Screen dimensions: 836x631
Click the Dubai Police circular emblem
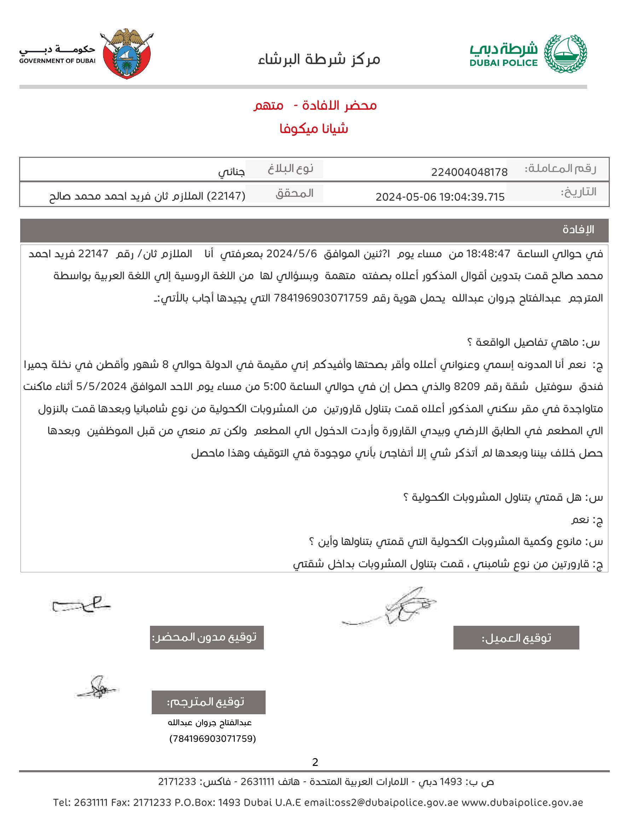pos(565,54)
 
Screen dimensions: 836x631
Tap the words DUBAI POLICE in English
pos(503,63)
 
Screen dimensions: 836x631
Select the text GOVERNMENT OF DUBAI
pos(57,61)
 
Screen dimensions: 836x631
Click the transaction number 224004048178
pos(469,172)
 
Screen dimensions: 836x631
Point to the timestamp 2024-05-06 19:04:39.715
pos(440,197)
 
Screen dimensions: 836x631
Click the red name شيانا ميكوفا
pos(313,129)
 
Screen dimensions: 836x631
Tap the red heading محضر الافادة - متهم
pos(315,105)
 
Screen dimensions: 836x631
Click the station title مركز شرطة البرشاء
pos(319,59)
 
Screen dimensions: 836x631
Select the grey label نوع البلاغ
pos(290,168)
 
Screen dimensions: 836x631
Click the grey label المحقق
pos(294,193)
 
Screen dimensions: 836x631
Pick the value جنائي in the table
pos(231,172)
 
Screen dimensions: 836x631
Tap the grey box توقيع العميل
pos(516,638)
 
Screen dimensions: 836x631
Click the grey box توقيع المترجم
pos(208,702)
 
